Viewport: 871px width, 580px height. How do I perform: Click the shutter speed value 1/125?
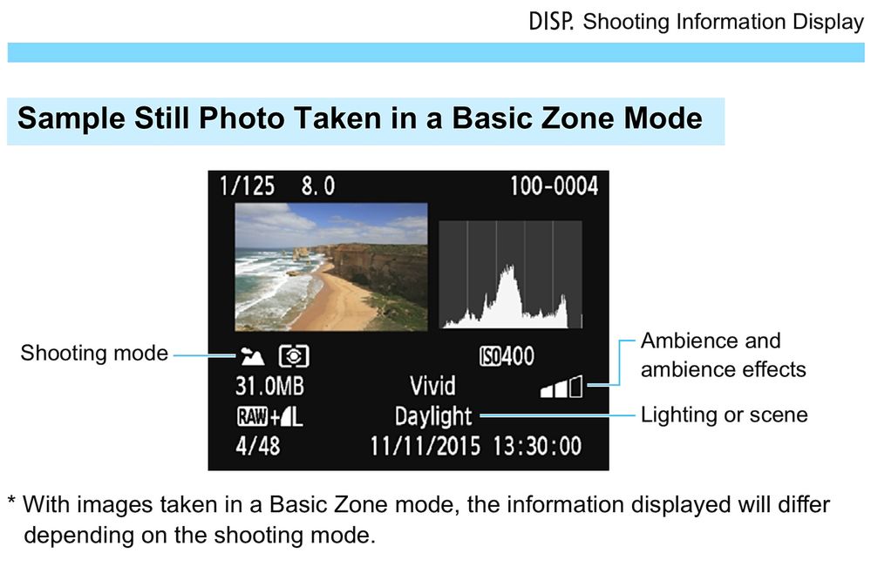[x=247, y=186]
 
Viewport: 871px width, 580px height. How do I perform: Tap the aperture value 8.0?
[x=318, y=186]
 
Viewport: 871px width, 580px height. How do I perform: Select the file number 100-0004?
[x=554, y=186]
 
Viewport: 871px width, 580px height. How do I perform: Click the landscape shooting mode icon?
[x=252, y=356]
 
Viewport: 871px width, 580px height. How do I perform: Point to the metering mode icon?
[x=294, y=356]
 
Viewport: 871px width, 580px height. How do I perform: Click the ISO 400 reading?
[x=507, y=356]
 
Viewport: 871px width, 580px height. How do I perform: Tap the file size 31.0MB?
[x=270, y=387]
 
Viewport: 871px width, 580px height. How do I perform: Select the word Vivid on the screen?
[x=432, y=387]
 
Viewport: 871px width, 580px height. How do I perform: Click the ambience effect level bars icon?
[x=561, y=387]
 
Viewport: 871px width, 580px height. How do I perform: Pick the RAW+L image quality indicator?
[x=270, y=416]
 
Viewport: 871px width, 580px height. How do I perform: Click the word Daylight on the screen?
[x=433, y=417]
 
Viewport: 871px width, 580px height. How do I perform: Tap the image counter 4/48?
[x=258, y=446]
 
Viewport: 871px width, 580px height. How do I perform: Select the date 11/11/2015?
[x=425, y=446]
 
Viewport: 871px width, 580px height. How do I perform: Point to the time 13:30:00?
[x=537, y=446]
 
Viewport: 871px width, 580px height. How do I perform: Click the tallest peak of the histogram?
[x=508, y=267]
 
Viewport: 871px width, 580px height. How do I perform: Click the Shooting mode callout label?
[x=94, y=354]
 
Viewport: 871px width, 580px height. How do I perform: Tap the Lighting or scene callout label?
[x=725, y=415]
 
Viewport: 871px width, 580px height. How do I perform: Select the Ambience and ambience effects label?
[x=724, y=355]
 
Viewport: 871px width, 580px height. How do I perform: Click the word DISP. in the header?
[x=550, y=22]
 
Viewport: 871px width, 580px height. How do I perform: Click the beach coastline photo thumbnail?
[x=331, y=267]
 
